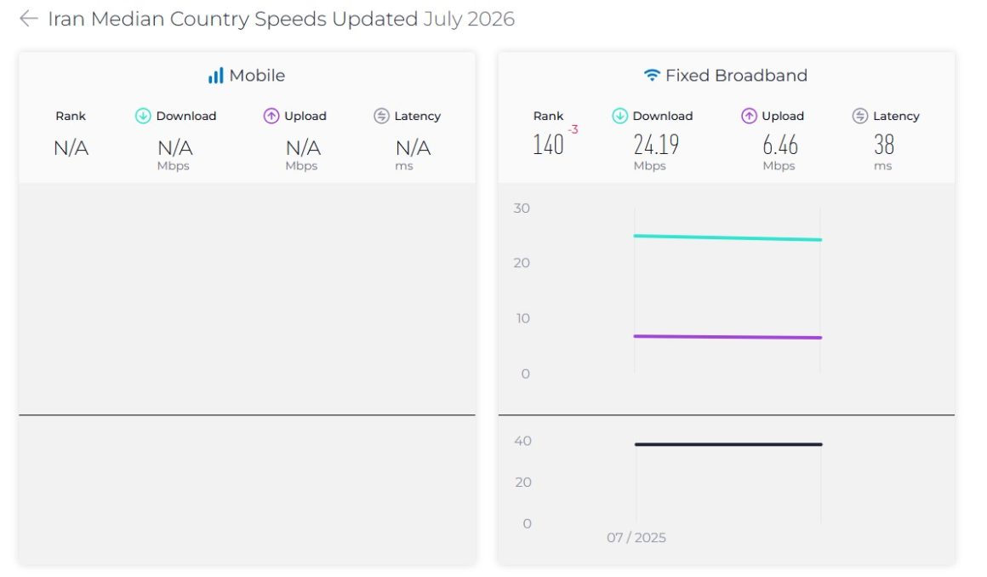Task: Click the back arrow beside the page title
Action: [x=28, y=19]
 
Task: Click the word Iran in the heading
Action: [x=66, y=19]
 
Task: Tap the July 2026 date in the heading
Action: [x=469, y=19]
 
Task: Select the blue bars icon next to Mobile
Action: [x=216, y=76]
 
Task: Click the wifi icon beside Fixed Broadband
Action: [x=652, y=76]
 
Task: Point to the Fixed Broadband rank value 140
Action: [x=548, y=145]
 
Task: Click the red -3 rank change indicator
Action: [x=573, y=129]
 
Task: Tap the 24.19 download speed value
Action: [x=656, y=145]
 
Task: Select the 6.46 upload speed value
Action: [x=780, y=145]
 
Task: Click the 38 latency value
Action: [x=884, y=145]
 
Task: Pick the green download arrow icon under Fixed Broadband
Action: [x=620, y=116]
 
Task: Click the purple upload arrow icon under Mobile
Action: [x=271, y=116]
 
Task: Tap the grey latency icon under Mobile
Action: [x=381, y=116]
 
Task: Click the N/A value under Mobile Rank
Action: [x=71, y=148]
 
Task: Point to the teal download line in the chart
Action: [x=727, y=237]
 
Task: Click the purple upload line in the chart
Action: [x=727, y=337]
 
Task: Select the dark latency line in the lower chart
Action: [x=728, y=444]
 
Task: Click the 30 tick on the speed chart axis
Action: [x=522, y=209]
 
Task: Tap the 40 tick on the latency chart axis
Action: [x=522, y=441]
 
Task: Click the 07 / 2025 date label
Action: [x=636, y=537]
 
